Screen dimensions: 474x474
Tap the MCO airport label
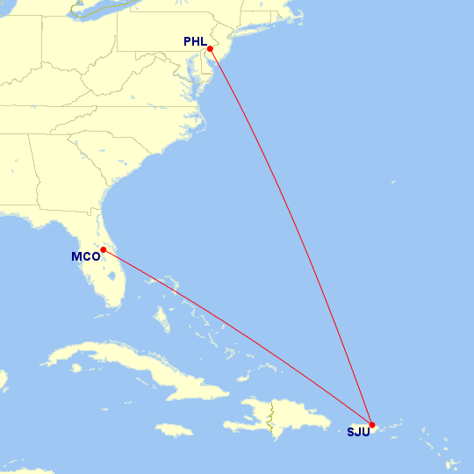pos(85,257)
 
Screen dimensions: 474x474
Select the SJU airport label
pos(358,432)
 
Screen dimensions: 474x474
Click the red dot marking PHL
pos(210,48)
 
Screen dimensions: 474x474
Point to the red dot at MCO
pos(104,249)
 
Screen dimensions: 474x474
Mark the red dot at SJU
pos(372,425)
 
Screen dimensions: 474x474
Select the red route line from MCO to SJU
pos(237,336)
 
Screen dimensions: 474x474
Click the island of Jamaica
pos(174,429)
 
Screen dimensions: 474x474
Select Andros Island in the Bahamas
pos(162,316)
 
